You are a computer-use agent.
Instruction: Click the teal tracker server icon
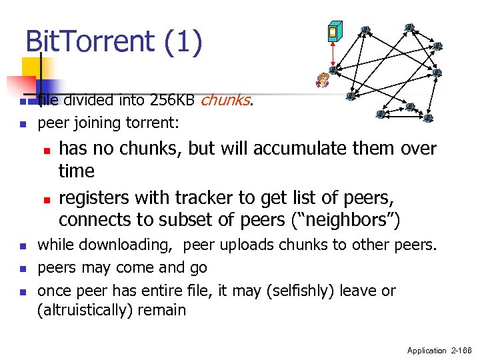pyautogui.click(x=335, y=31)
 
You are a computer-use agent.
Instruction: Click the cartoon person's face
pyautogui.click(x=323, y=79)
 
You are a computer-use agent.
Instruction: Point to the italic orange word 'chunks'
pyautogui.click(x=225, y=101)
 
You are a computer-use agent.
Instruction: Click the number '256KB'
pyautogui.click(x=173, y=101)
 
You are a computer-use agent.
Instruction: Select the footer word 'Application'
pyautogui.click(x=427, y=350)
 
